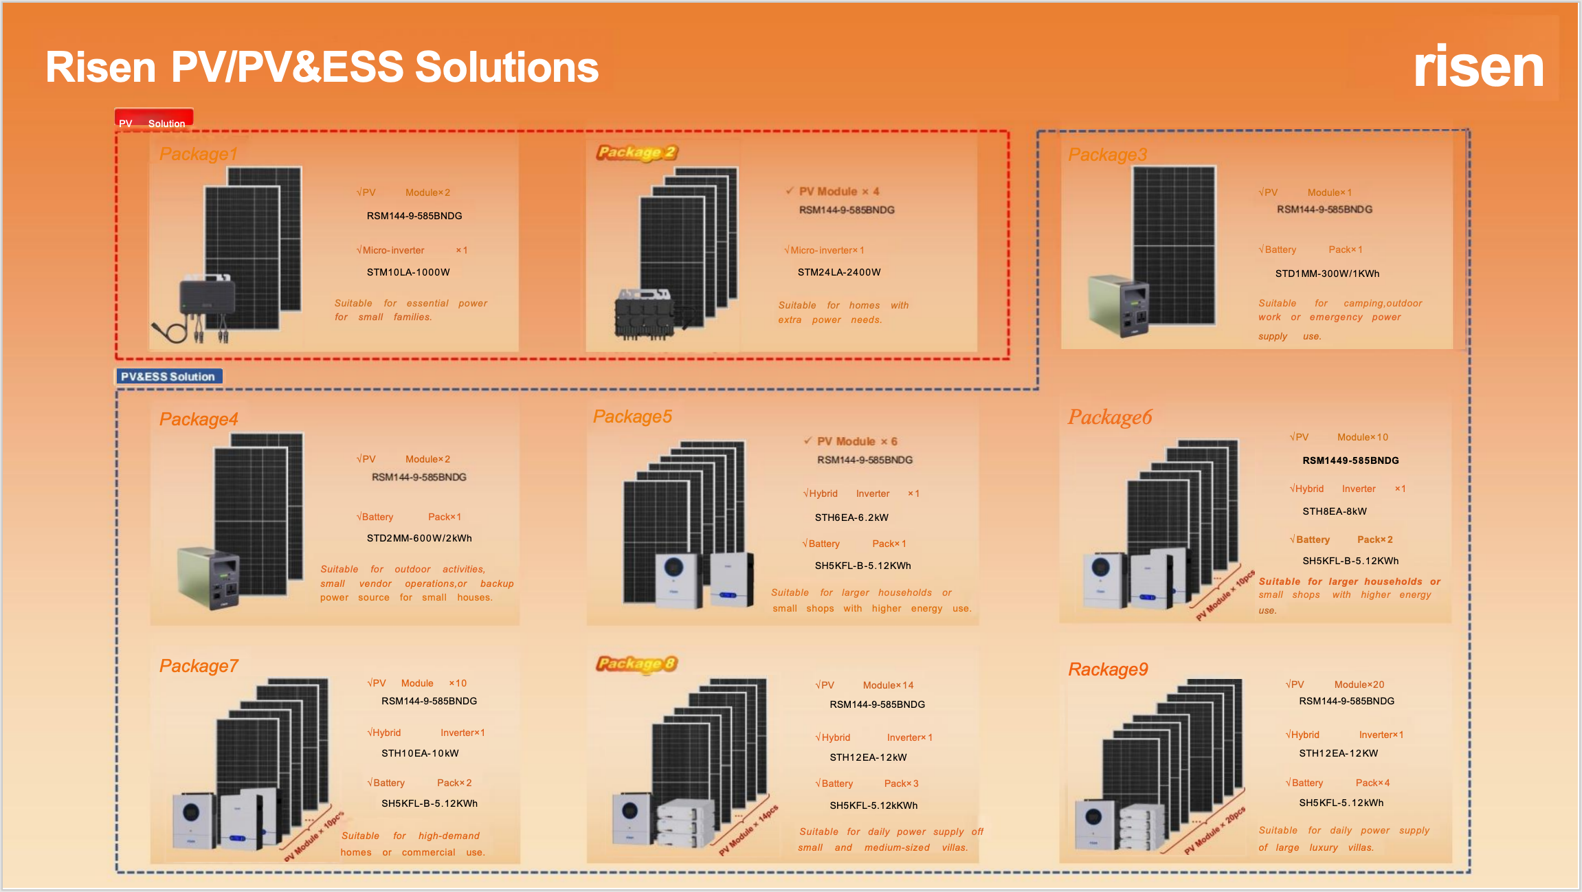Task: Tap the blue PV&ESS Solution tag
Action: pos(168,377)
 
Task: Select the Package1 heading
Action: pos(198,154)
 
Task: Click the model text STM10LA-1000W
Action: pos(408,272)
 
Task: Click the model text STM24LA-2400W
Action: pos(839,272)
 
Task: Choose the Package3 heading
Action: pos(1107,155)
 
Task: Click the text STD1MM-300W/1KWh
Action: pos(1327,274)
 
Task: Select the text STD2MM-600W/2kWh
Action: pos(419,538)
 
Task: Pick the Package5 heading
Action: pos(632,416)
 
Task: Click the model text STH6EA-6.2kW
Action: pos(851,517)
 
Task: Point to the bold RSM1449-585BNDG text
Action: pos(1350,460)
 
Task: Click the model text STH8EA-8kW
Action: pos(1335,511)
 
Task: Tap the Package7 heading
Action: pos(199,666)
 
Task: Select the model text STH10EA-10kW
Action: pos(420,753)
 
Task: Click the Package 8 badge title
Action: pos(636,664)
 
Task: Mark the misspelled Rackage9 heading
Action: pos(1108,669)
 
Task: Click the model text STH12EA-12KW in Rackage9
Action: pos(1338,753)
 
